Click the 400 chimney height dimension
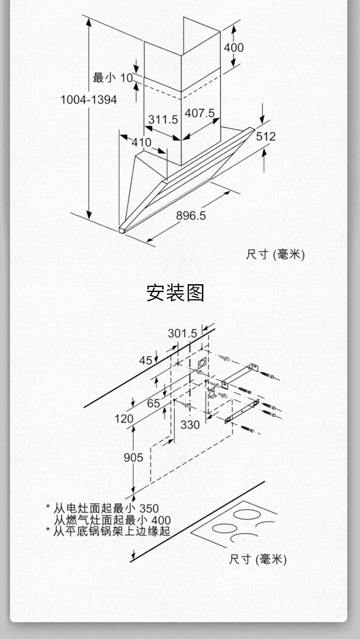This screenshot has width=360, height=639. coord(233,47)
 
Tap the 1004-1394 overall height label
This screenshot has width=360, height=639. coord(89,99)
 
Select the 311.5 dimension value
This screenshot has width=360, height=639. coord(163,119)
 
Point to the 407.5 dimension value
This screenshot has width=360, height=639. coord(200,112)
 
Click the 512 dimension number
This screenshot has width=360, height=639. coord(266,136)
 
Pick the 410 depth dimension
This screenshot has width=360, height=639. coord(141,143)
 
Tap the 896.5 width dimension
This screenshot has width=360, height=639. coord(191,215)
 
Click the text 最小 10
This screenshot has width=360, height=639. coord(113,77)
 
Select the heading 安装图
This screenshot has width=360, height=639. coord(175,292)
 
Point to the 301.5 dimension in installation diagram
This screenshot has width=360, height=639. coord(182,333)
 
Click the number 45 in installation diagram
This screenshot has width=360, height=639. coord(146,360)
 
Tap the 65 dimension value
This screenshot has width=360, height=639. coord(154,403)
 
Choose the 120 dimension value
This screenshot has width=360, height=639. coord(124,419)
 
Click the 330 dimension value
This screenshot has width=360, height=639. coord(190,424)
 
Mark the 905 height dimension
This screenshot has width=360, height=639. coord(133,457)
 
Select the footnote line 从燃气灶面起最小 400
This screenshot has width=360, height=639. coord(112,520)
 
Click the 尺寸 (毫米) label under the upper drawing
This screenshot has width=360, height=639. coord(275,254)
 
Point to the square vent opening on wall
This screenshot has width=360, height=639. coord(202,363)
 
